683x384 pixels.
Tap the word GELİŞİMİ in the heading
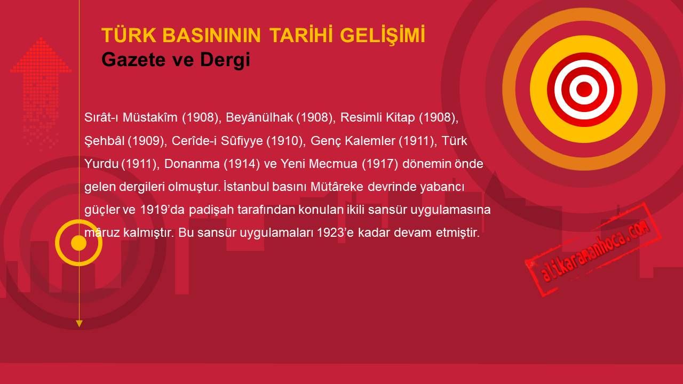pyautogui.click(x=383, y=36)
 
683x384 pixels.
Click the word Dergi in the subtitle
pyautogui.click(x=225, y=60)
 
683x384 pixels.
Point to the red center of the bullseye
pyautogui.click(x=584, y=89)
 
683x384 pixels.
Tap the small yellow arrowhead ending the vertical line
pyautogui.click(x=79, y=324)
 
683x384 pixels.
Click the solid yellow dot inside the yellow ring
pyautogui.click(x=78, y=243)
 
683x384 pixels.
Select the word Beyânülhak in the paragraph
pyautogui.click(x=259, y=118)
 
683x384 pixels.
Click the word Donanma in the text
pyautogui.click(x=192, y=164)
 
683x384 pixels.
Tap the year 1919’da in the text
pyautogui.click(x=162, y=210)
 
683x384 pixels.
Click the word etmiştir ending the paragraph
pyautogui.click(x=458, y=233)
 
